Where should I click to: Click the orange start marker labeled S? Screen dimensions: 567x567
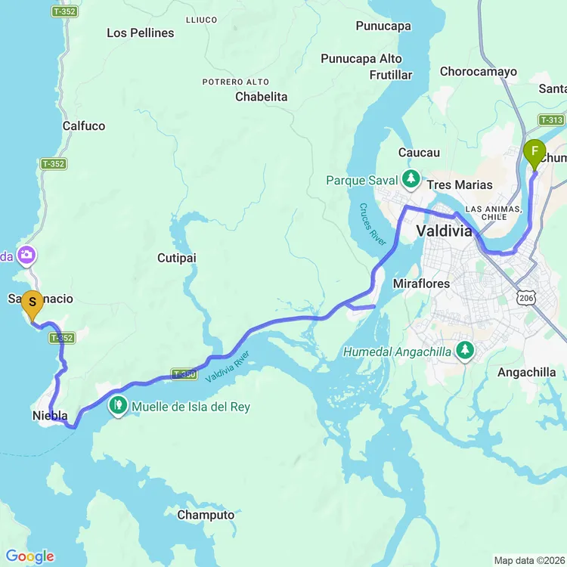(x=32, y=303)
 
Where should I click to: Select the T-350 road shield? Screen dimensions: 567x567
(x=184, y=373)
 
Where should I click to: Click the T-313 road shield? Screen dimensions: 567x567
(x=551, y=120)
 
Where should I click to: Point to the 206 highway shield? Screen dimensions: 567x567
(x=526, y=299)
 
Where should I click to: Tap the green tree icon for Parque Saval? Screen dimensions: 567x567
(x=411, y=179)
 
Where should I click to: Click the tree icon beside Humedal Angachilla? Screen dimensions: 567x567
(x=465, y=351)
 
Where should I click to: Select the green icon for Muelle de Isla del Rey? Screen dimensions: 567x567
(x=118, y=407)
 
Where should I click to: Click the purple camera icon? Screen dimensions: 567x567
(x=26, y=256)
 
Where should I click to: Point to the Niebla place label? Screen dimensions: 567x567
(x=50, y=416)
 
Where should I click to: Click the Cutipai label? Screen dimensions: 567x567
(x=177, y=258)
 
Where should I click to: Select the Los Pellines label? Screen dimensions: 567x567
(x=140, y=33)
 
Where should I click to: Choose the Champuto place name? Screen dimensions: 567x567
(x=206, y=515)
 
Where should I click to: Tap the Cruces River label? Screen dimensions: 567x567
(x=373, y=225)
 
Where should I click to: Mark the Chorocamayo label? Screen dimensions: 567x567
(x=479, y=72)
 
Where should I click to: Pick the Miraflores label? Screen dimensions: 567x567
(x=421, y=283)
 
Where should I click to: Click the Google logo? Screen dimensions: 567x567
(x=29, y=556)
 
